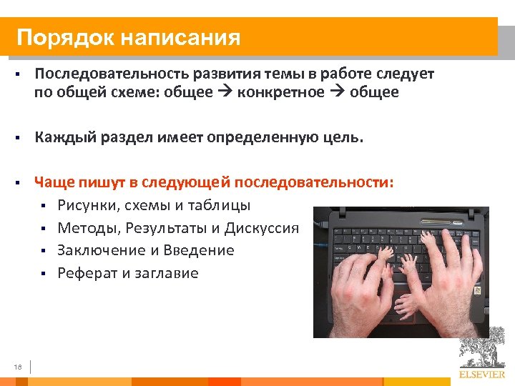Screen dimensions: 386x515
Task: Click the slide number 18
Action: point(18,367)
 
